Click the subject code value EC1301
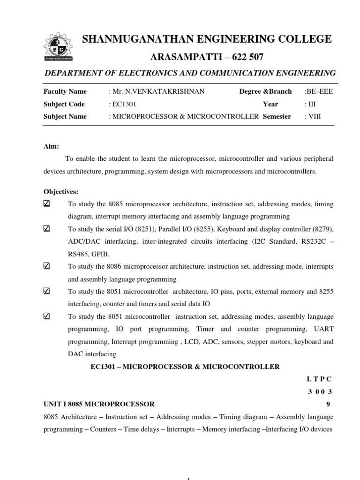121,104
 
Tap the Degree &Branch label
265,91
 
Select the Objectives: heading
61,192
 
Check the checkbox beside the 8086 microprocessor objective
46,266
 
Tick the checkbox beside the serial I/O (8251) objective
46,229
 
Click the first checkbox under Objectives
46,204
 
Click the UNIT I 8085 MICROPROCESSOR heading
99,404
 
